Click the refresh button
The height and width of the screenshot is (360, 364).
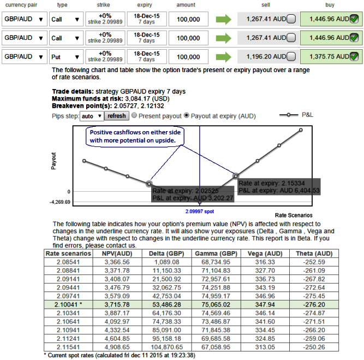click(x=117, y=116)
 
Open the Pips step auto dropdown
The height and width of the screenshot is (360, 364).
click(x=91, y=116)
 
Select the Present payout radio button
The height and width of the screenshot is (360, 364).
click(x=134, y=116)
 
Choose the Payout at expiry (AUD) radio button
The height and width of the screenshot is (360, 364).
click(x=186, y=116)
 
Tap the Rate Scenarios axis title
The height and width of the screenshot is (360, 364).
click(x=294, y=215)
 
